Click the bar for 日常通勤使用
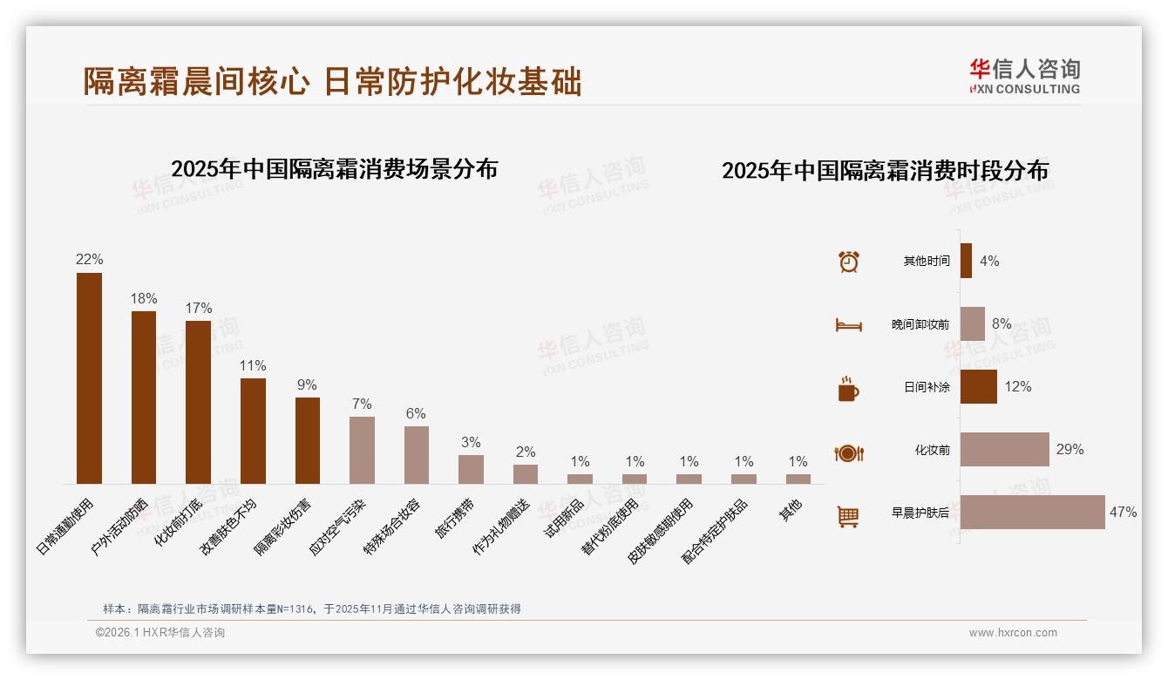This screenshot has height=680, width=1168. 89,378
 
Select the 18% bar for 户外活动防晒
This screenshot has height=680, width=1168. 144,398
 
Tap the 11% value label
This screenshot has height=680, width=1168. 253,366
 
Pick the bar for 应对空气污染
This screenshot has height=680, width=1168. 362,450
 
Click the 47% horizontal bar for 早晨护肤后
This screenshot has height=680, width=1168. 1032,513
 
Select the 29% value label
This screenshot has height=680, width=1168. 1070,450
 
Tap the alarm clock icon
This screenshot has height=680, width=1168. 848,262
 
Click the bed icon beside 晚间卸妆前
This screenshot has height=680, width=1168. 848,325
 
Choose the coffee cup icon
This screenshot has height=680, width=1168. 848,389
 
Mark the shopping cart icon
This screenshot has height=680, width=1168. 848,516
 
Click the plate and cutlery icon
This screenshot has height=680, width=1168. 848,452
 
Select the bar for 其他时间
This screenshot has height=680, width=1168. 966,261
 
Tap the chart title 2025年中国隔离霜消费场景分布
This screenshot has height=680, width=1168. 334,169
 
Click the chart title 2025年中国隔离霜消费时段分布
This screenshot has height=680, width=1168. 885,171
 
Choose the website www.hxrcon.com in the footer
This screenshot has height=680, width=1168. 1013,633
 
